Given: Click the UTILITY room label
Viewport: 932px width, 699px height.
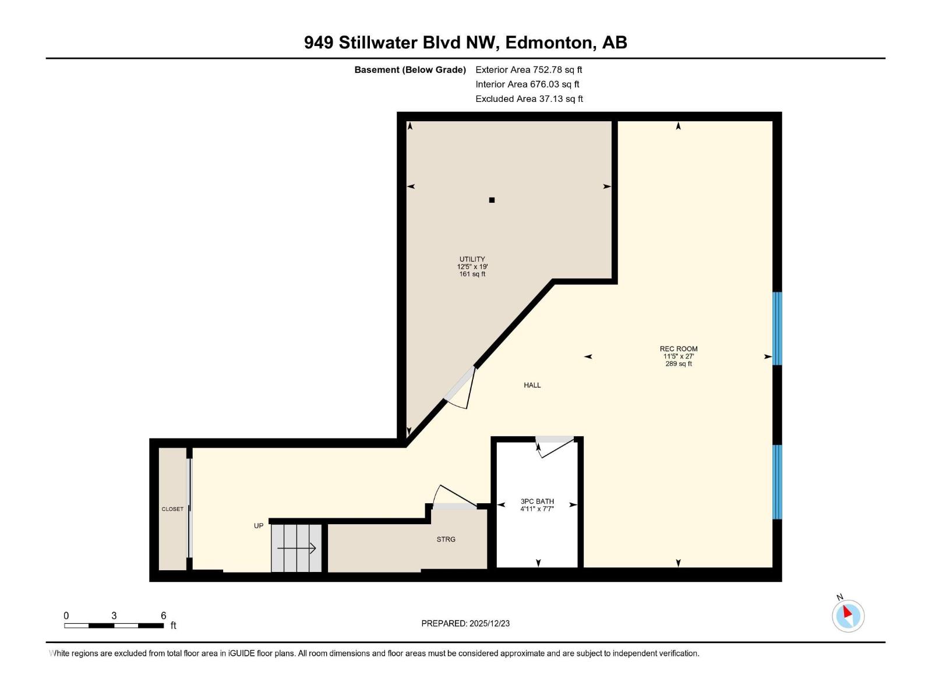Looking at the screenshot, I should [472, 260].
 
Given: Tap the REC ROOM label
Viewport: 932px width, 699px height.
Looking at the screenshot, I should [679, 349].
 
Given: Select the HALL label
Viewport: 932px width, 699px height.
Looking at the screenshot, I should [532, 386].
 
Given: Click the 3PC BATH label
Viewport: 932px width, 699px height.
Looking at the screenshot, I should [537, 502].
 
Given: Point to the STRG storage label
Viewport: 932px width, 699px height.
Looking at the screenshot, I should [446, 539].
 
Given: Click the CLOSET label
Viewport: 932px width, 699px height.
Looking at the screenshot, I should [172, 509].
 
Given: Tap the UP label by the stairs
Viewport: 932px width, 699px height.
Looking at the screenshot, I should [259, 526].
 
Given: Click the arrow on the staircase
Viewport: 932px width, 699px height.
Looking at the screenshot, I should [296, 548].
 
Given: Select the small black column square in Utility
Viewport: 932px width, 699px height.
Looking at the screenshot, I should [492, 200].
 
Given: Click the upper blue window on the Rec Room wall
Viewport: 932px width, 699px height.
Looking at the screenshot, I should [777, 329].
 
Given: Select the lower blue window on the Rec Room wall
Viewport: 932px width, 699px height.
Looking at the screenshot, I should [777, 482].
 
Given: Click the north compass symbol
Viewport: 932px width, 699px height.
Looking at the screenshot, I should [848, 615].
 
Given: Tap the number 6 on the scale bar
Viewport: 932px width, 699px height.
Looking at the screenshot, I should [164, 616].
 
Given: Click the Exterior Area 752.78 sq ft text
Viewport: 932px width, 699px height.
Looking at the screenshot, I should [528, 70].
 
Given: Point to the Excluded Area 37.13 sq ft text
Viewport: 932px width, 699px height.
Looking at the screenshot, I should [528, 99].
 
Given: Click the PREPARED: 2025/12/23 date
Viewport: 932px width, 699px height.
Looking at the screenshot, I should [465, 623].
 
